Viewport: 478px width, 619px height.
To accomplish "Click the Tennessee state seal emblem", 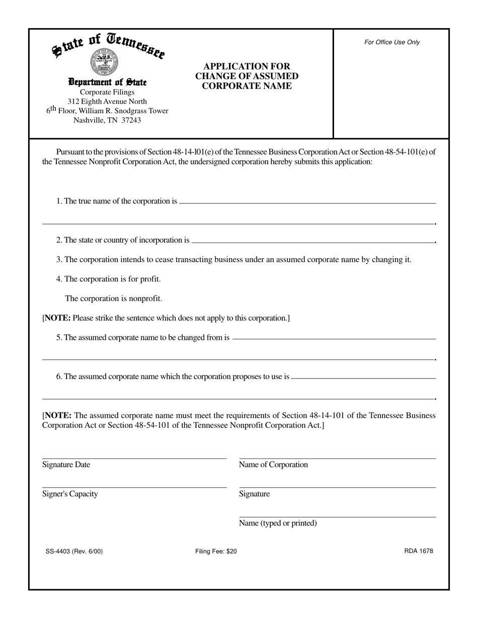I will pyautogui.click(x=104, y=62).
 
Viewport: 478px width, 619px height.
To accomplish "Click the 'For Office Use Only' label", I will pyautogui.click(x=392, y=42).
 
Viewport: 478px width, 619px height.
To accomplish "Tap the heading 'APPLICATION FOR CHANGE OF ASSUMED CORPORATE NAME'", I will pyautogui.click(x=247, y=76).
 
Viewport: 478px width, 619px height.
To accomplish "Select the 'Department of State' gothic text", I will pyautogui.click(x=107, y=82).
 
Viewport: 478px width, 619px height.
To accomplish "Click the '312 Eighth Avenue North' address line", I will pyautogui.click(x=107, y=101).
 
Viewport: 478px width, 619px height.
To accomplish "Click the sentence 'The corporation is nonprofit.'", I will pyautogui.click(x=113, y=298).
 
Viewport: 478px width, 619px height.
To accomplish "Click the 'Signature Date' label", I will pyautogui.click(x=66, y=465).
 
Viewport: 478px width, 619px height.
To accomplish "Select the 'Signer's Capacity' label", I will pyautogui.click(x=70, y=494).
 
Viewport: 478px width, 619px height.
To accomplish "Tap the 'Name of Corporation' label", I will pyautogui.click(x=273, y=465).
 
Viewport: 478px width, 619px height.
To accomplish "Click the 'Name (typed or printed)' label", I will pyautogui.click(x=278, y=523).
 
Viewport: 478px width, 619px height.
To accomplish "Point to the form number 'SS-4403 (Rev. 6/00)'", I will pyautogui.click(x=74, y=551).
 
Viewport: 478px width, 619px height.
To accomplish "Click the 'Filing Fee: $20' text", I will pyautogui.click(x=216, y=551).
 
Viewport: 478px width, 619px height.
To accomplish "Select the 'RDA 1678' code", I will pyautogui.click(x=418, y=551).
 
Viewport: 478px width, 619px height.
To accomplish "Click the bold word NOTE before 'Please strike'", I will pyautogui.click(x=58, y=318).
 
